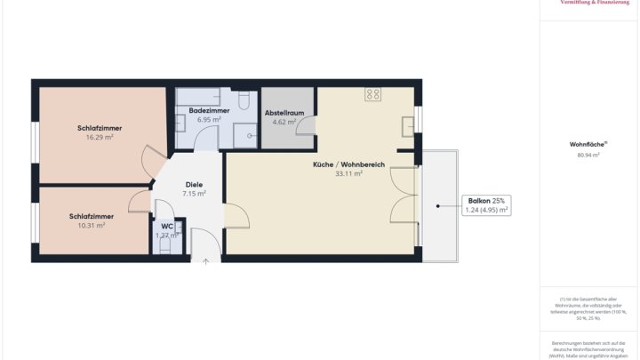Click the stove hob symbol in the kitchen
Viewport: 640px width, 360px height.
point(373,93)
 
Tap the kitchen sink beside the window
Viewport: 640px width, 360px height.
point(408,125)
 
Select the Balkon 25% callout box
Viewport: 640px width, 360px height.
point(486,205)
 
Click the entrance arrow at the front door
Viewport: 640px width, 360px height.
point(205,261)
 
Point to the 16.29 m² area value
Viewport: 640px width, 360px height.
point(99,138)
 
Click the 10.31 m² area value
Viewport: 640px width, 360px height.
point(91,226)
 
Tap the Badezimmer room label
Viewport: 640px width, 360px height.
point(209,110)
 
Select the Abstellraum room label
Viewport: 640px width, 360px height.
point(285,113)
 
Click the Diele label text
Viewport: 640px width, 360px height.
point(194,184)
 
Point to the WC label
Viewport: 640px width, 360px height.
point(167,226)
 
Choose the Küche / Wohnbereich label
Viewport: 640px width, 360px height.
point(348,164)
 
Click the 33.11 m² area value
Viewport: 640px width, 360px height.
point(348,174)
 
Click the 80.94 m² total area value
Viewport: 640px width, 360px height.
point(588,155)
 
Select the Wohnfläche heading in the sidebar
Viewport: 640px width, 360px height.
point(588,144)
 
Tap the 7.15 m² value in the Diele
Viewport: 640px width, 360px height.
point(194,193)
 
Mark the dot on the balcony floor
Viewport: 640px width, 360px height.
point(437,206)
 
